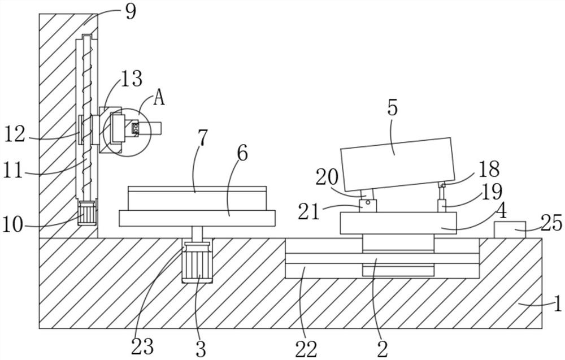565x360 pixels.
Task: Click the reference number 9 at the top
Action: point(131,11)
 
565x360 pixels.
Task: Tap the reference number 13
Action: point(131,79)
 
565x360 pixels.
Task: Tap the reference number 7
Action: point(203,137)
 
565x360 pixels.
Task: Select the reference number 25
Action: point(551,224)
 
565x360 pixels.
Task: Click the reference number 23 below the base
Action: point(142,346)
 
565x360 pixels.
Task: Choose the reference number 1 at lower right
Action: point(557,305)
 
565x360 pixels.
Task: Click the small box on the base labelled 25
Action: point(510,230)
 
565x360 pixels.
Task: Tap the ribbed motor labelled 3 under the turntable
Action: point(197,263)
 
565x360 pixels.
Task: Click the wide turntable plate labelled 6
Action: point(197,218)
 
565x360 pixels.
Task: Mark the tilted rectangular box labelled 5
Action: point(398,164)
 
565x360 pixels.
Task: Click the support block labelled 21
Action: point(367,206)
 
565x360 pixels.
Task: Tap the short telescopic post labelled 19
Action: point(442,204)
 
